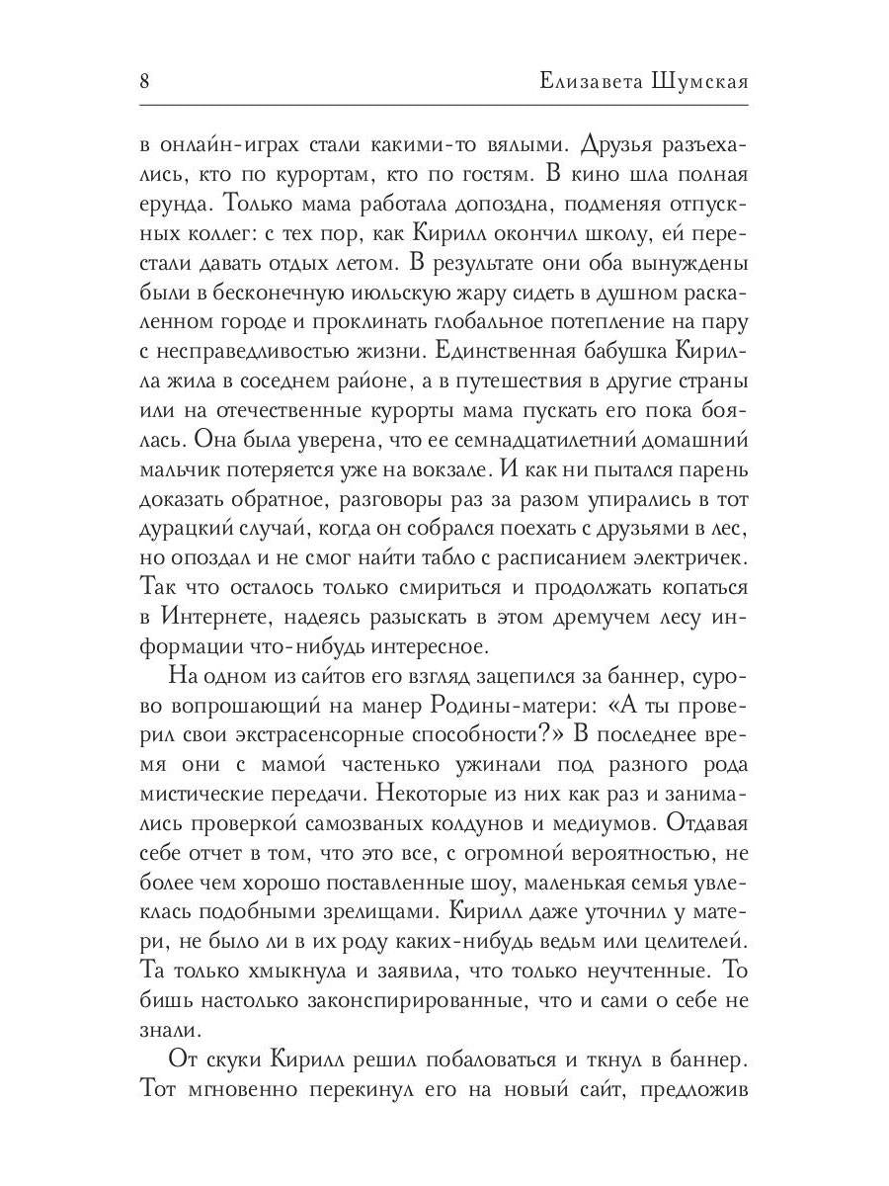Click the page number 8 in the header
pyautogui.click(x=145, y=82)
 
